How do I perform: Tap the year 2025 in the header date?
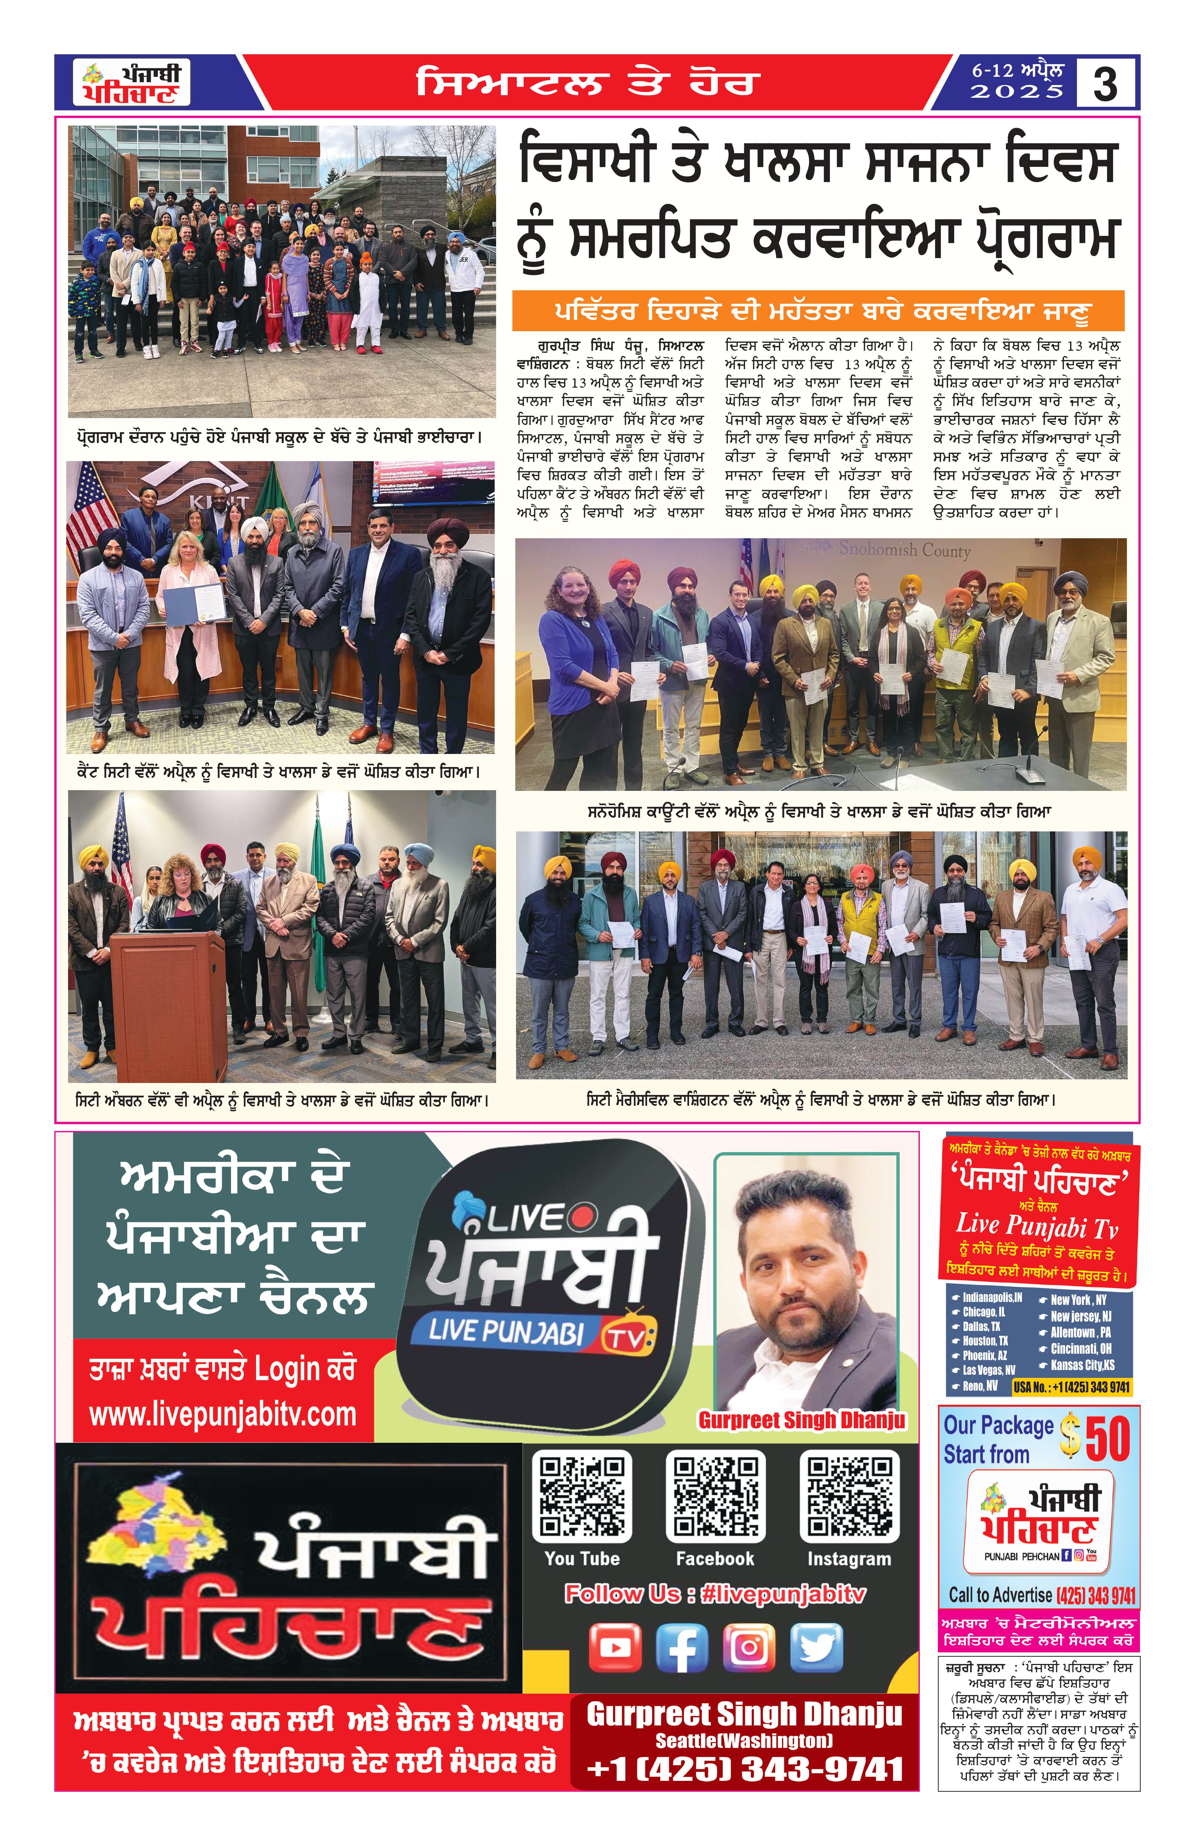(x=1017, y=92)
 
